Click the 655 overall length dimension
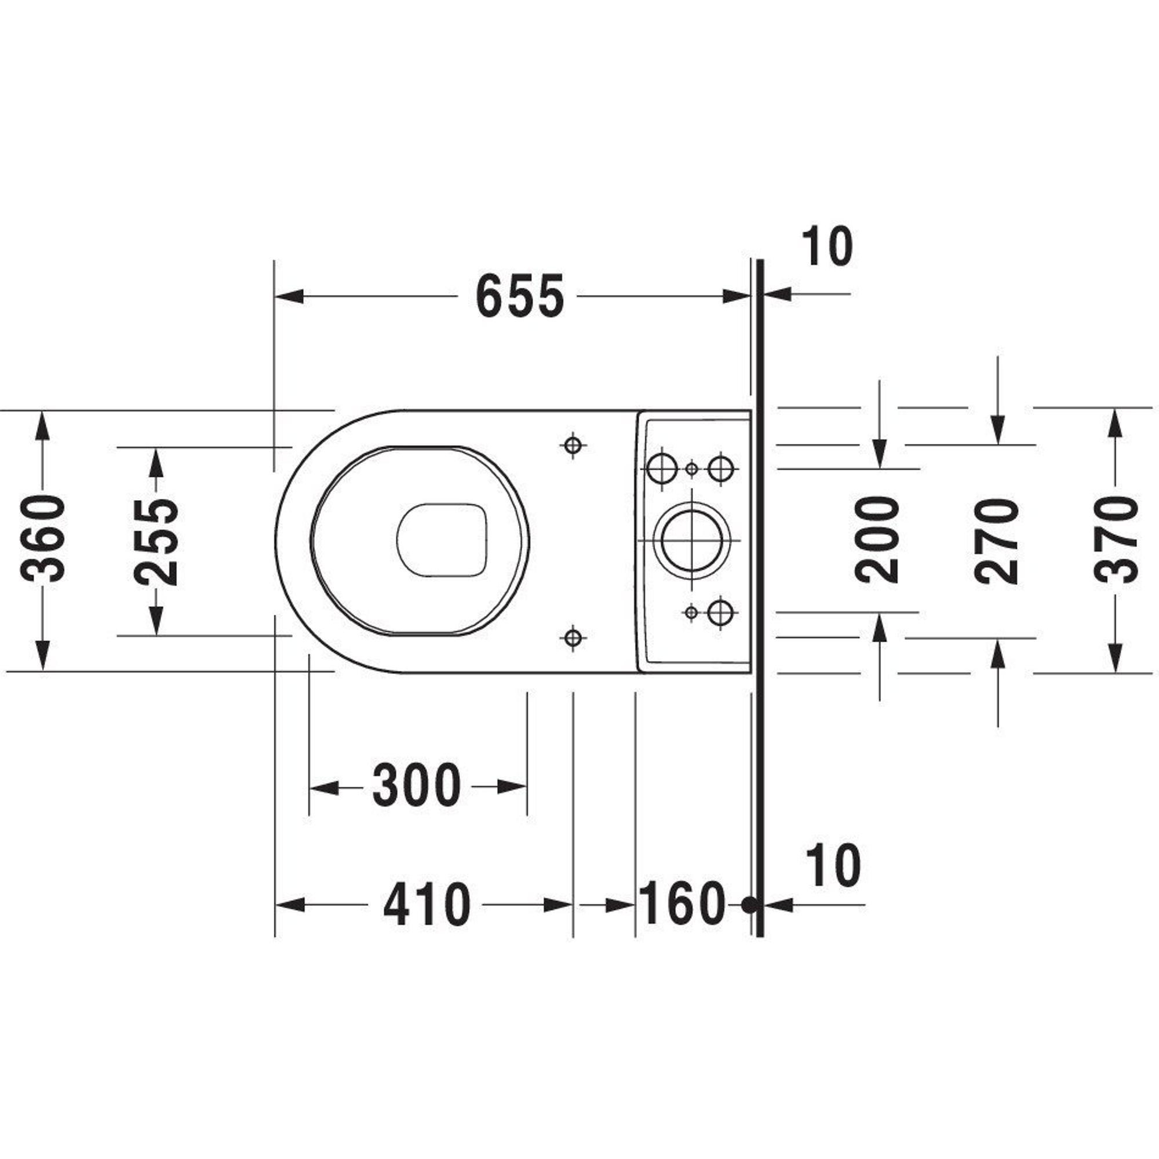519,296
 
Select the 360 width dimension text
42,538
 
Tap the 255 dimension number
156,542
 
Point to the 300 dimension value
416,786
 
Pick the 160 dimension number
682,904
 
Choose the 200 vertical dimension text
877,540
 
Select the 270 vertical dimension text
997,541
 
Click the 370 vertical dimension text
1116,540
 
